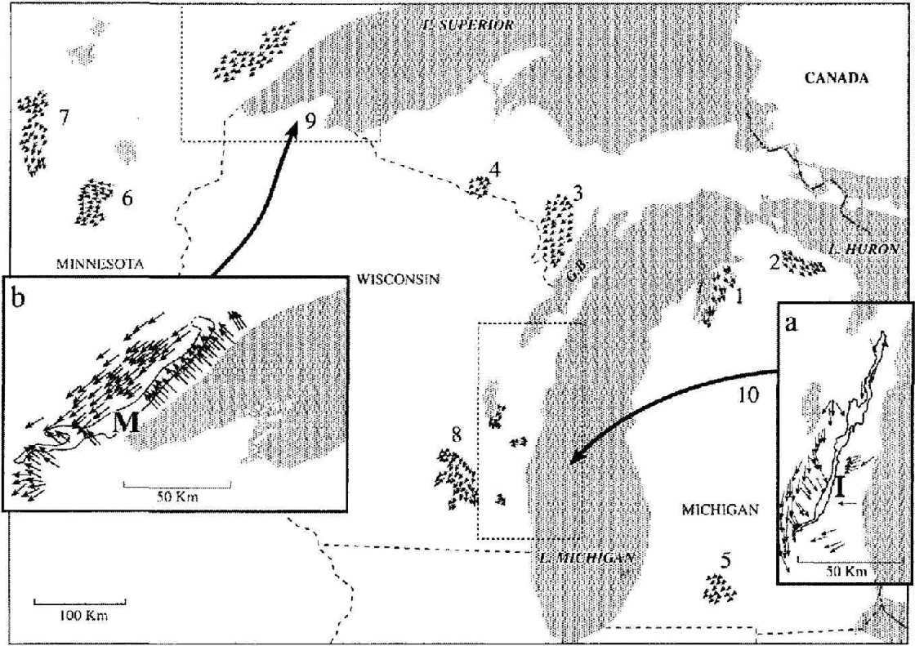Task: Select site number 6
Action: [126, 197]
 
